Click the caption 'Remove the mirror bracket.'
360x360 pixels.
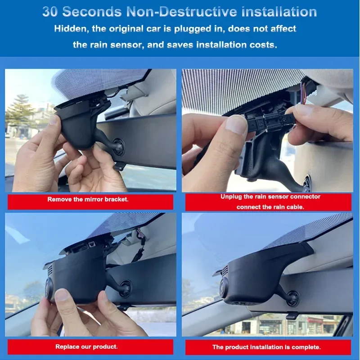point(88,199)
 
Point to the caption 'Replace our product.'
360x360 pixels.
point(87,346)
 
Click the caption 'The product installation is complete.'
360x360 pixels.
point(267,347)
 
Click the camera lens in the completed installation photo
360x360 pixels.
point(223,287)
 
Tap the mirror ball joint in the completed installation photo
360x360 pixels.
point(292,297)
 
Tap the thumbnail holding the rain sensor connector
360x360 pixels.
point(237,124)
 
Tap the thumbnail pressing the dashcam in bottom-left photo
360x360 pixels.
point(62,295)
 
